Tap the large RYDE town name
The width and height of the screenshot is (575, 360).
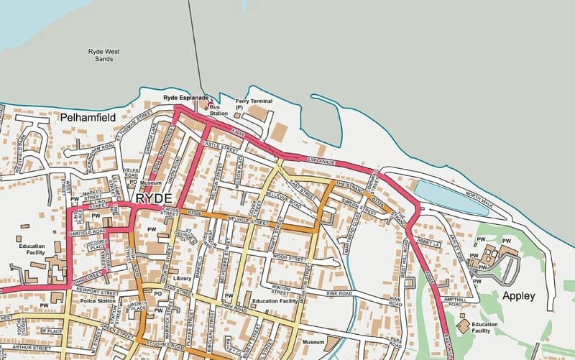[153, 198]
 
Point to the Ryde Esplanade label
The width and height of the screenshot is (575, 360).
[185, 97]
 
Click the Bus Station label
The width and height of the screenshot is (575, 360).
[218, 110]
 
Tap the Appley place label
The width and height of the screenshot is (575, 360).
[519, 295]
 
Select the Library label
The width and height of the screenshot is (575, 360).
[183, 278]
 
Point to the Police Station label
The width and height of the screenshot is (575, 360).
[97, 301]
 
